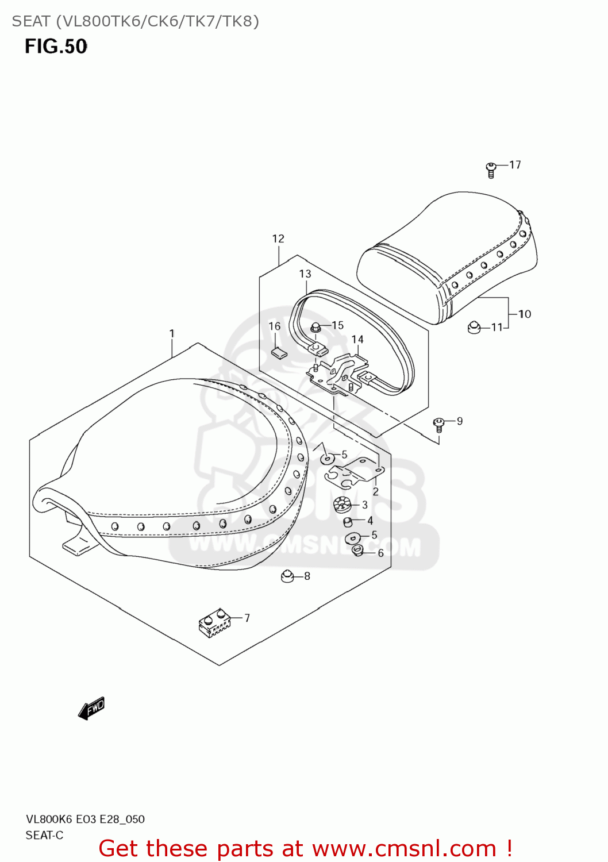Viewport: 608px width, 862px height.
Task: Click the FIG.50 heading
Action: (56, 47)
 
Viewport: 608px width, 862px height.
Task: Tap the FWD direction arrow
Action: (91, 709)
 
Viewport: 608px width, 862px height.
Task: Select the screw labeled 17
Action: (491, 170)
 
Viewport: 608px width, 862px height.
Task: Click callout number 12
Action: (278, 238)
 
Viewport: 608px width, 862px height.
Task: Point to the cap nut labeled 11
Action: (474, 328)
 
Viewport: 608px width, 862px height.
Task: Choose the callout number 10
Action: (525, 314)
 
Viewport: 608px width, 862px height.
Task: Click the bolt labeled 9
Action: (438, 425)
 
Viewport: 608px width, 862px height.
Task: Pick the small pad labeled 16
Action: (279, 352)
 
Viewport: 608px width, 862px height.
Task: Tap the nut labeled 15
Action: (315, 328)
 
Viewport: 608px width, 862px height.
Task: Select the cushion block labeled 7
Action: (214, 623)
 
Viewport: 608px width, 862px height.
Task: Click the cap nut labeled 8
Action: (287, 575)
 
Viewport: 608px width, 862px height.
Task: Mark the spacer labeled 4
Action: (348, 521)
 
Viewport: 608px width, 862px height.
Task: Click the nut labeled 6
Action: (357, 551)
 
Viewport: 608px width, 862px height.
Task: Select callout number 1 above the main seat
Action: (171, 333)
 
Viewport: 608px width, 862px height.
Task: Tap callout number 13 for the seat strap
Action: (305, 274)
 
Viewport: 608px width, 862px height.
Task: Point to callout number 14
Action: (357, 339)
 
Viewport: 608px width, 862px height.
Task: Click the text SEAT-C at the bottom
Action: (44, 835)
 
